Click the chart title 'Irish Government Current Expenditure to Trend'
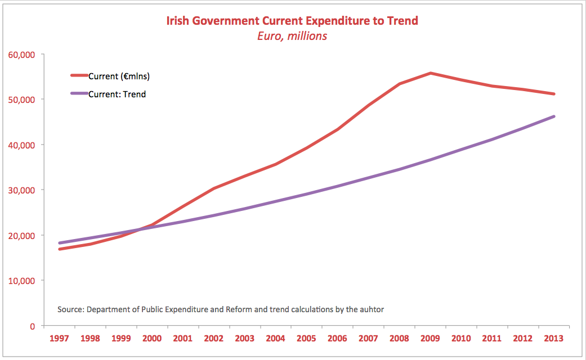(x=292, y=21)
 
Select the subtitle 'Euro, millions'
(x=292, y=36)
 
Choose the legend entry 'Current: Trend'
(x=117, y=94)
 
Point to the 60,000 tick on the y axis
(x=21, y=55)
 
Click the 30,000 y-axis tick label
(x=21, y=190)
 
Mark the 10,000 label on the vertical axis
(x=21, y=281)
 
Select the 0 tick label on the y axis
(x=32, y=326)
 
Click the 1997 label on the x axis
(x=59, y=339)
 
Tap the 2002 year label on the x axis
(x=214, y=339)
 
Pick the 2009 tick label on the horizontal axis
(x=431, y=339)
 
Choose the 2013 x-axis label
(x=554, y=339)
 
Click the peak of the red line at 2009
(x=431, y=73)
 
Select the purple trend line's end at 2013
(x=554, y=116)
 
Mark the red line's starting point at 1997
(x=59, y=249)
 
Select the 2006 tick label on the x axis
(x=338, y=339)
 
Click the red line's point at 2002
(x=214, y=188)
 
